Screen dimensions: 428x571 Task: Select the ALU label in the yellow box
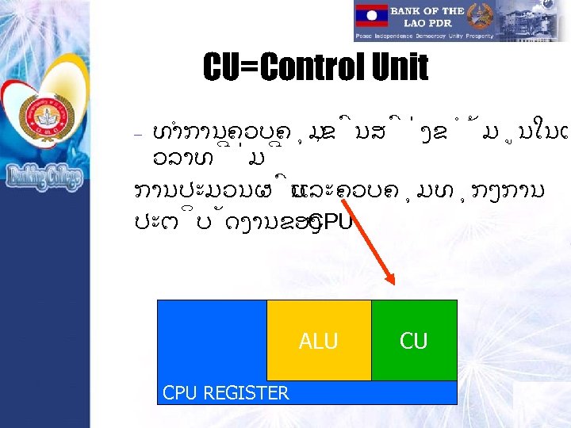tap(318, 342)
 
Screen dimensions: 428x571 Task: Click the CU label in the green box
tap(413, 342)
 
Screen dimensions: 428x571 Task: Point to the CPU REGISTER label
tap(225, 392)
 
